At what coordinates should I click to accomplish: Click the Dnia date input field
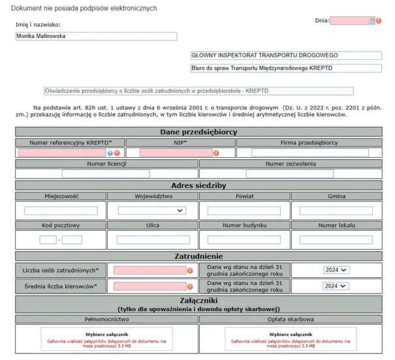349,21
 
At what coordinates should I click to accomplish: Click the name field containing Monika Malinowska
96,37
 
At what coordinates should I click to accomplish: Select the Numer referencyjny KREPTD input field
62,153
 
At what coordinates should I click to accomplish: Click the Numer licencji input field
106,173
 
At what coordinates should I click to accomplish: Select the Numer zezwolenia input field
289,173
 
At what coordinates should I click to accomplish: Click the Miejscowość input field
61,211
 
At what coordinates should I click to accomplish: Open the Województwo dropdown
152,211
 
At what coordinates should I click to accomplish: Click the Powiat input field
244,211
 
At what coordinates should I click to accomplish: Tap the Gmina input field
336,211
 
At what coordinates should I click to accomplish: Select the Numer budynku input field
244,240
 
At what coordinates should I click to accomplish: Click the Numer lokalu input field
336,240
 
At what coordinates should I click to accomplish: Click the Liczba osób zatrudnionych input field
150,270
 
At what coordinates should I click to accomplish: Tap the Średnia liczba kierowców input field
150,286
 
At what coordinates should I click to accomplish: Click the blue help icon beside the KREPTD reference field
110,153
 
